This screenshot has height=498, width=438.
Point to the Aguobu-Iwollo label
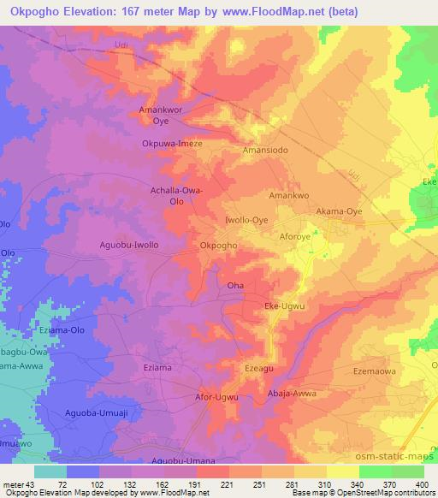coord(128,245)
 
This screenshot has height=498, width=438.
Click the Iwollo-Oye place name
coord(246,219)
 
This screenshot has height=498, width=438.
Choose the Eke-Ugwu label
coord(286,305)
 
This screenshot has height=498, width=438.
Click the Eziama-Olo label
coord(66,329)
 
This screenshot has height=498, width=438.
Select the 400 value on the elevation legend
coord(422,484)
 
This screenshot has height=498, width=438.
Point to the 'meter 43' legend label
coord(19,484)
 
